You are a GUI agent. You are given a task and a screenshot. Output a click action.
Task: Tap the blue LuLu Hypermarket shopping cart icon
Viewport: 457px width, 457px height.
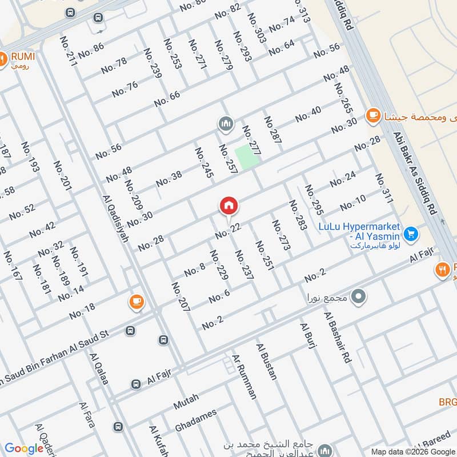pos(410,234)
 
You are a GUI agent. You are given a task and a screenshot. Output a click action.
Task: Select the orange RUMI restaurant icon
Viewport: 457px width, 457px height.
pos(3,57)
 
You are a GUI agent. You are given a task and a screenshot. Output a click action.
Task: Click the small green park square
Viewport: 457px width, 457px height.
pos(246,157)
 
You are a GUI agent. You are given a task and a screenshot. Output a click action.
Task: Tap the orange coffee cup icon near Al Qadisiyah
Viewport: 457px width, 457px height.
pos(136,302)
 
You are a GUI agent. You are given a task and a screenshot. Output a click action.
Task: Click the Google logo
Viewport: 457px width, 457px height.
pos(24,448)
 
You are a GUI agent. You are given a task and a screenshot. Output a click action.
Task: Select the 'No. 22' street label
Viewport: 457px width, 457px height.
pos(228,231)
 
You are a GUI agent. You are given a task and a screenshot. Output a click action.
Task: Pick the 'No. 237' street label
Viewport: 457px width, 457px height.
pos(244,265)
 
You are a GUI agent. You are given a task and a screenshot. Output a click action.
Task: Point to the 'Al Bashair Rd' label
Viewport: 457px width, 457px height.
pos(337,338)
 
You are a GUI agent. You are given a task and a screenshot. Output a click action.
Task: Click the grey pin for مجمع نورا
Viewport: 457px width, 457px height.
pos(358,296)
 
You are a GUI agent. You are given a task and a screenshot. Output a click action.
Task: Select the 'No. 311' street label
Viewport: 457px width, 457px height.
pos(384,188)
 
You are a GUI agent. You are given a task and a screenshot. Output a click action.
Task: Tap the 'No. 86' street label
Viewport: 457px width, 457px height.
pos(91,50)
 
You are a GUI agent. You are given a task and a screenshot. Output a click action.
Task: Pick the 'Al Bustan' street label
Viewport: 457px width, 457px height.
pos(267,362)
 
